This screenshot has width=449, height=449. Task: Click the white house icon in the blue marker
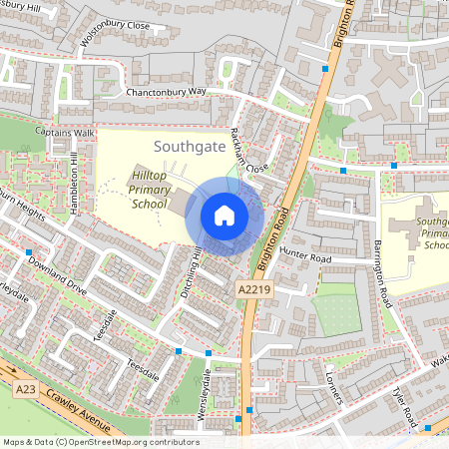click(224, 216)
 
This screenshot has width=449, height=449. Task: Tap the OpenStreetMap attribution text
click(100, 442)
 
